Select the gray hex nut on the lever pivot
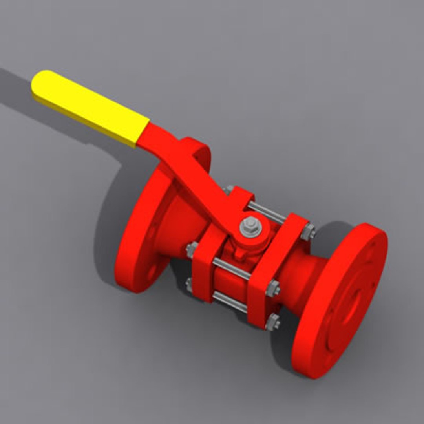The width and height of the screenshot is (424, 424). [x=250, y=227]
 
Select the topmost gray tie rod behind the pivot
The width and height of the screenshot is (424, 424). [x=267, y=212]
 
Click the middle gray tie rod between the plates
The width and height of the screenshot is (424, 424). [x=232, y=269]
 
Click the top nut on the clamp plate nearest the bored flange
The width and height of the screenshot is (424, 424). [x=308, y=232]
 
